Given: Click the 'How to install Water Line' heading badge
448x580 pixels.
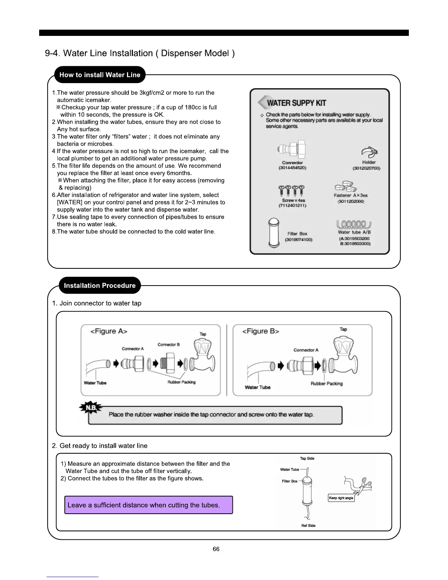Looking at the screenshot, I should (100, 75).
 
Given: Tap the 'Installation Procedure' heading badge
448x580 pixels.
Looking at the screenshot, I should (100, 286).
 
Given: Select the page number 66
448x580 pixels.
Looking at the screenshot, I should (216, 549).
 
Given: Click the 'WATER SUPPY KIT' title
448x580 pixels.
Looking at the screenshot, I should (296, 103).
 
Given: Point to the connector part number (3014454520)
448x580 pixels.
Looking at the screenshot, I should (292, 168).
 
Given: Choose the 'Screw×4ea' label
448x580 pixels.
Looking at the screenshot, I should (293, 200).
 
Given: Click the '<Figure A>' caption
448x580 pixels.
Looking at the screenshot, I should (109, 331).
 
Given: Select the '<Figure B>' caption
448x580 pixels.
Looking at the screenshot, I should (261, 331).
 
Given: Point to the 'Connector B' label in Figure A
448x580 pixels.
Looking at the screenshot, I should (168, 345).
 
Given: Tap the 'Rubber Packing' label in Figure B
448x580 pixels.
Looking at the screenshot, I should (326, 384).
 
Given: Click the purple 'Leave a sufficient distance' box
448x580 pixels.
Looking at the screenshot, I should (149, 505).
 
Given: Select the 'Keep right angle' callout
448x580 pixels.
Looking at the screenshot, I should (341, 498).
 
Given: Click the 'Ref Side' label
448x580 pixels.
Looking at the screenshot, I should (308, 525).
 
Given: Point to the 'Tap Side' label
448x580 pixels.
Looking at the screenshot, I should (307, 458).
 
